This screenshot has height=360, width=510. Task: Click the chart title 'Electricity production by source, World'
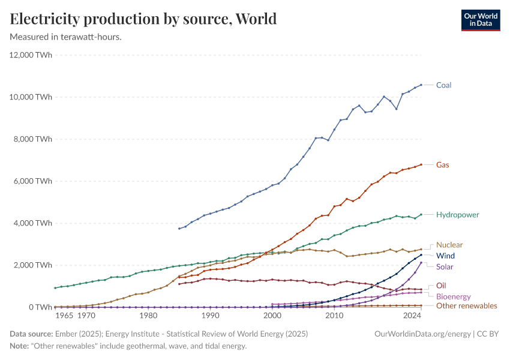coord(143,19)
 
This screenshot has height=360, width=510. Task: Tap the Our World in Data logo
coord(480,20)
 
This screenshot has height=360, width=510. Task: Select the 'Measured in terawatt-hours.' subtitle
coord(66,37)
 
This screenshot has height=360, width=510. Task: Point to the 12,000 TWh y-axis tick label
coord(31,55)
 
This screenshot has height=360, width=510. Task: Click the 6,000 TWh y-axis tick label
coord(33,181)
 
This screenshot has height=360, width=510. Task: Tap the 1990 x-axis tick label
coord(210,315)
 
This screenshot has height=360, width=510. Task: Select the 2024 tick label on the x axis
coord(412,315)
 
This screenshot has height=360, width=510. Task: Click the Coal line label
coord(443,85)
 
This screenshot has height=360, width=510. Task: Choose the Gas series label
coord(442,164)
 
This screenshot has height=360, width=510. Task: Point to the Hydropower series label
coord(457,214)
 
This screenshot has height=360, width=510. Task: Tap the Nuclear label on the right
coord(449,245)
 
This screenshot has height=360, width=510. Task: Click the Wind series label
coord(445,256)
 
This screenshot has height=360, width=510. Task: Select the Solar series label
coord(445,266)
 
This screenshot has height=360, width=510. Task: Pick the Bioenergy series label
coord(453,296)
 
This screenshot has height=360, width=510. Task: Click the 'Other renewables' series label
coord(466,306)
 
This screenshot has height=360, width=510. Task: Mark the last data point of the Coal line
coord(421,85)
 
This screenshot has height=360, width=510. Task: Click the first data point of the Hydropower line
coord(55,288)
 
